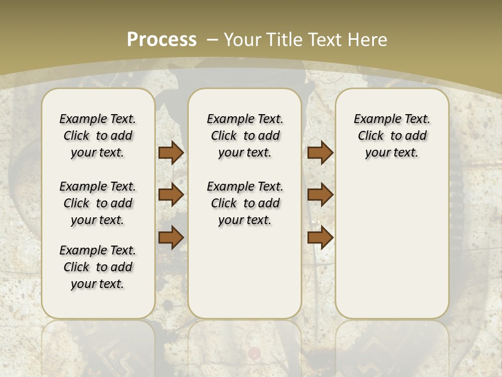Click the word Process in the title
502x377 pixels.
[162, 39]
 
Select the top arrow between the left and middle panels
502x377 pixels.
[171, 152]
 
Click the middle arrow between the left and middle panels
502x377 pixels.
[171, 195]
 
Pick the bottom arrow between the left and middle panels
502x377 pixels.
[171, 237]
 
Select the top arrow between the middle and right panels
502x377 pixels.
[320, 152]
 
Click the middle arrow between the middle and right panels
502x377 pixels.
[320, 195]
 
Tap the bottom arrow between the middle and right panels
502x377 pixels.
[320, 237]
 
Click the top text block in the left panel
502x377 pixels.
[98, 136]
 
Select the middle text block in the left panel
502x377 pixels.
[98, 203]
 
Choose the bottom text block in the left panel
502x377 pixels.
[98, 267]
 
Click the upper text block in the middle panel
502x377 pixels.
[245, 136]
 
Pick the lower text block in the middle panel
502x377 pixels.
[245, 203]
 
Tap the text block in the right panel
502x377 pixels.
[392, 136]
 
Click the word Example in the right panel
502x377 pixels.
[373, 119]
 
